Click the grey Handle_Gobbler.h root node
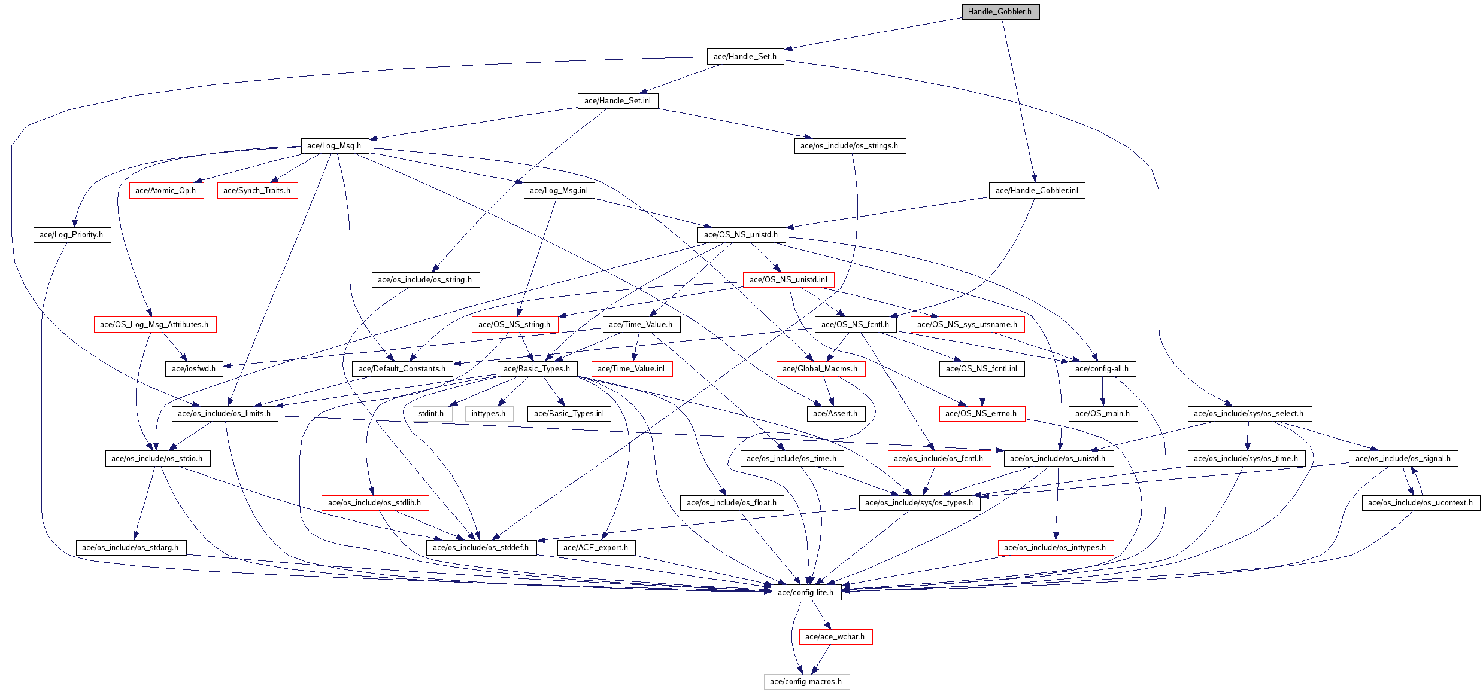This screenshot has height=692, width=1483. (1000, 12)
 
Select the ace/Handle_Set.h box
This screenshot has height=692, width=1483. (745, 57)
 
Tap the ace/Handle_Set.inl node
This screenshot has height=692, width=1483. (617, 101)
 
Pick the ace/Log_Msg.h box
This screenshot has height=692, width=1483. (334, 146)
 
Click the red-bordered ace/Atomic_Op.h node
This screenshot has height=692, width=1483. (166, 191)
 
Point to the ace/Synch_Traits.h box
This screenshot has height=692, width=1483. (257, 191)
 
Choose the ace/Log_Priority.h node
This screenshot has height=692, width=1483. (71, 235)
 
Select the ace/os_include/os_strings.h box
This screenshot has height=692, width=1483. (849, 146)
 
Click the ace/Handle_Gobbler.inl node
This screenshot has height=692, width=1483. (1036, 191)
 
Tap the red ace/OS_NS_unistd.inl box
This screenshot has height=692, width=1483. (788, 280)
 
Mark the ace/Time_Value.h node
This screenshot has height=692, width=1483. (641, 325)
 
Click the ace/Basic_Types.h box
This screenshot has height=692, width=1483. (536, 369)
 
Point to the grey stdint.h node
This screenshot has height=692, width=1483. (431, 414)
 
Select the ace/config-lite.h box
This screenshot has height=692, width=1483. (805, 593)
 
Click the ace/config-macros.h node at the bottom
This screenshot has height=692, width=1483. (806, 682)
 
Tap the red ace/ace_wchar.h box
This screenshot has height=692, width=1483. (835, 637)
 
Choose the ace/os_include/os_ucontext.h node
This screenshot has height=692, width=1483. (1420, 503)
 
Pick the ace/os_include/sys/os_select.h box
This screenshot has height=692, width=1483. (1248, 414)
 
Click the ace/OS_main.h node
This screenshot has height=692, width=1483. (1102, 414)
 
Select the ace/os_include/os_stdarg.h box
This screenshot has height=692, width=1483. (130, 548)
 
